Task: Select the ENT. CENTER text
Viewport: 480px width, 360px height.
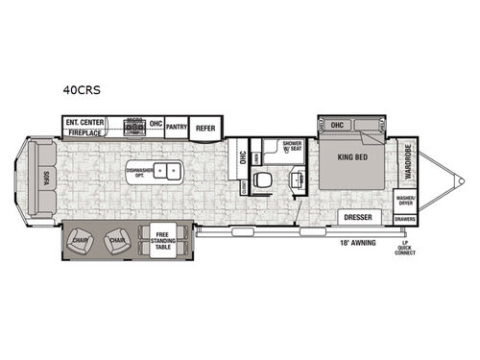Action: tap(84, 123)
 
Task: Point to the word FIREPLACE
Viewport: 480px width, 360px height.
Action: tap(84, 133)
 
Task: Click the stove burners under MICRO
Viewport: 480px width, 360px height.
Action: tap(134, 129)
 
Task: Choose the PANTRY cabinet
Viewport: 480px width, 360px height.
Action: tap(176, 127)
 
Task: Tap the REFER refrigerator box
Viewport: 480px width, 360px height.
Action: tap(205, 127)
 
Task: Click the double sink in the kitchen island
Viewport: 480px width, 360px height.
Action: tap(169, 173)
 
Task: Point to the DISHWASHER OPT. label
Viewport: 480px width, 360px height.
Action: tap(140, 173)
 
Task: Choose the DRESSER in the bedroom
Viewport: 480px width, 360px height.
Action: tap(358, 218)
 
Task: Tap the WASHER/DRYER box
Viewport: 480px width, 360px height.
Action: tap(406, 202)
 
